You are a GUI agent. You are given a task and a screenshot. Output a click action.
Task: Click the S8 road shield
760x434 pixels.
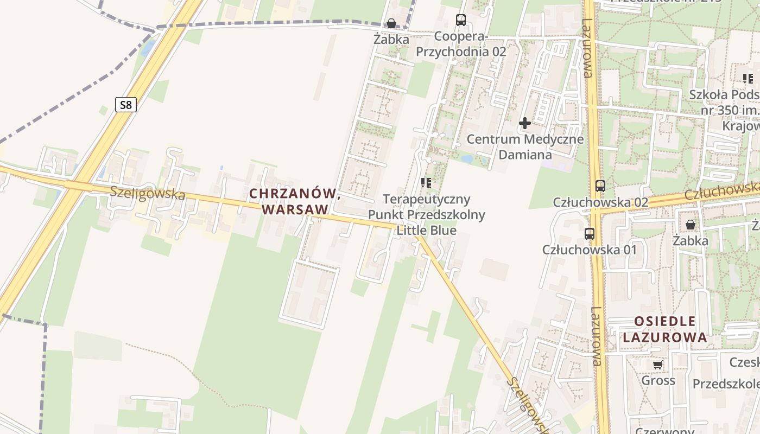click(125, 105)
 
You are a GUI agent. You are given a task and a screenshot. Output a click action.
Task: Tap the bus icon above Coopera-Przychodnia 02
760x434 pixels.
click(461, 20)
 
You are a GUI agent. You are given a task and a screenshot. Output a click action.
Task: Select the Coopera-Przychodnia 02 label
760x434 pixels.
click(461, 44)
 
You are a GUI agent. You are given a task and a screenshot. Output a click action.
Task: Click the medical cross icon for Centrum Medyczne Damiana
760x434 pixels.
click(524, 123)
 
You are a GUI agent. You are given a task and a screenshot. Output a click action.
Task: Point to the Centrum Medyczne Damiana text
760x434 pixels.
click(525, 146)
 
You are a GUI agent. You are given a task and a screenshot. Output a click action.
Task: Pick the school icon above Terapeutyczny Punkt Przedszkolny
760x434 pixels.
click(426, 183)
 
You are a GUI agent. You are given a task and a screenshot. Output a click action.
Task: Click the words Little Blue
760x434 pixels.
click(426, 230)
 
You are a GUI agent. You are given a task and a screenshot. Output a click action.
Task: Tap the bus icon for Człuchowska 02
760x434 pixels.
click(600, 186)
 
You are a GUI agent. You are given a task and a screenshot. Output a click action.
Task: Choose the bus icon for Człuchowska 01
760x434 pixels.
click(590, 234)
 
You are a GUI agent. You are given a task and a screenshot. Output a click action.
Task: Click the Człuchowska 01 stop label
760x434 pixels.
click(590, 250)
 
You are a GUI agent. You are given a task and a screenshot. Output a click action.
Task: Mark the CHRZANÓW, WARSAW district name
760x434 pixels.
click(295, 201)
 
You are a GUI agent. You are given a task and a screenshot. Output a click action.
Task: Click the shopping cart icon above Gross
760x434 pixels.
click(658, 365)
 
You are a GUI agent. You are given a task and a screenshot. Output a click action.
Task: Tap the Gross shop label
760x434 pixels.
click(658, 380)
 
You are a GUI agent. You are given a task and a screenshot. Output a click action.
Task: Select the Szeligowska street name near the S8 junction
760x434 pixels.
click(147, 193)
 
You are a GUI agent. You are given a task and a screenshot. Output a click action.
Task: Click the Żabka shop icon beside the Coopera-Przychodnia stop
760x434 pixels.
click(391, 23)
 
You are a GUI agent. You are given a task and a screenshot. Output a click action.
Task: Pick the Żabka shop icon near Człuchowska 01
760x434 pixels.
click(691, 224)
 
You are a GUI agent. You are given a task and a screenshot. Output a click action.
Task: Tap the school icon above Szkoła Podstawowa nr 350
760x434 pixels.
click(748, 79)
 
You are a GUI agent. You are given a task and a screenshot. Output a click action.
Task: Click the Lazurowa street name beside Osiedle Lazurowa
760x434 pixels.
click(596, 336)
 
